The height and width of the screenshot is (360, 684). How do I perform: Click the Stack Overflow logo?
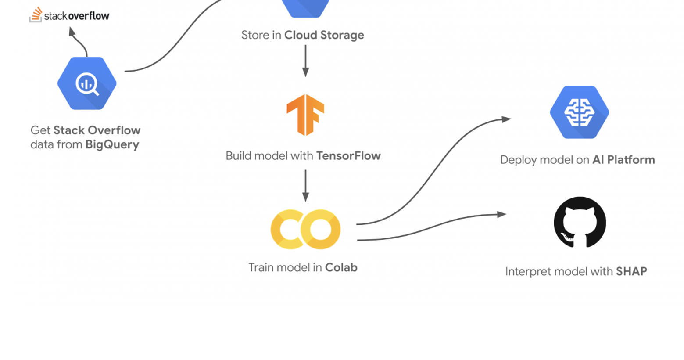click(x=69, y=14)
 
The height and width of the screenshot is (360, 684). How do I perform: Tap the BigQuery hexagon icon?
click(x=87, y=83)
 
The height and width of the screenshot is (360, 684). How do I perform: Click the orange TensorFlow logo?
click(x=305, y=115)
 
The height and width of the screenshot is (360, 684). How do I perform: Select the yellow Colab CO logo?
click(x=305, y=229)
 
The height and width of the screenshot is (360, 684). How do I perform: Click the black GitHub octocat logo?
click(x=580, y=222)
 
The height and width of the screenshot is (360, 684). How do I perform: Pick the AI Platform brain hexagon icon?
click(x=580, y=112)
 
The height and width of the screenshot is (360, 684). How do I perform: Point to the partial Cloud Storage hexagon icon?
click(x=305, y=8)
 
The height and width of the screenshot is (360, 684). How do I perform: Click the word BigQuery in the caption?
click(x=112, y=144)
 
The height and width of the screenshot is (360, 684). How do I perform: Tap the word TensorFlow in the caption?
click(x=348, y=156)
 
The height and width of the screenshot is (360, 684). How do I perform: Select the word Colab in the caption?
click(x=341, y=267)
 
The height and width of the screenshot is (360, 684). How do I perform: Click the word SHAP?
click(x=631, y=271)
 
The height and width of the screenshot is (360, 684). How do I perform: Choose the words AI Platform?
click(x=624, y=160)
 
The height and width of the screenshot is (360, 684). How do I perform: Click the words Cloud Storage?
click(x=324, y=35)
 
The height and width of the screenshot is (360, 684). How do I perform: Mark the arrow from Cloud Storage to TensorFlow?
click(x=305, y=61)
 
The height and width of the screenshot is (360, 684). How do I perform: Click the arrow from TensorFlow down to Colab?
click(x=305, y=186)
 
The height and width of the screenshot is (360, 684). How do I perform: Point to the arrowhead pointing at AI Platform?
click(x=507, y=119)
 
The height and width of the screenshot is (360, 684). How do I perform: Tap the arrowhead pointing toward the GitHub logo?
click(x=501, y=215)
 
